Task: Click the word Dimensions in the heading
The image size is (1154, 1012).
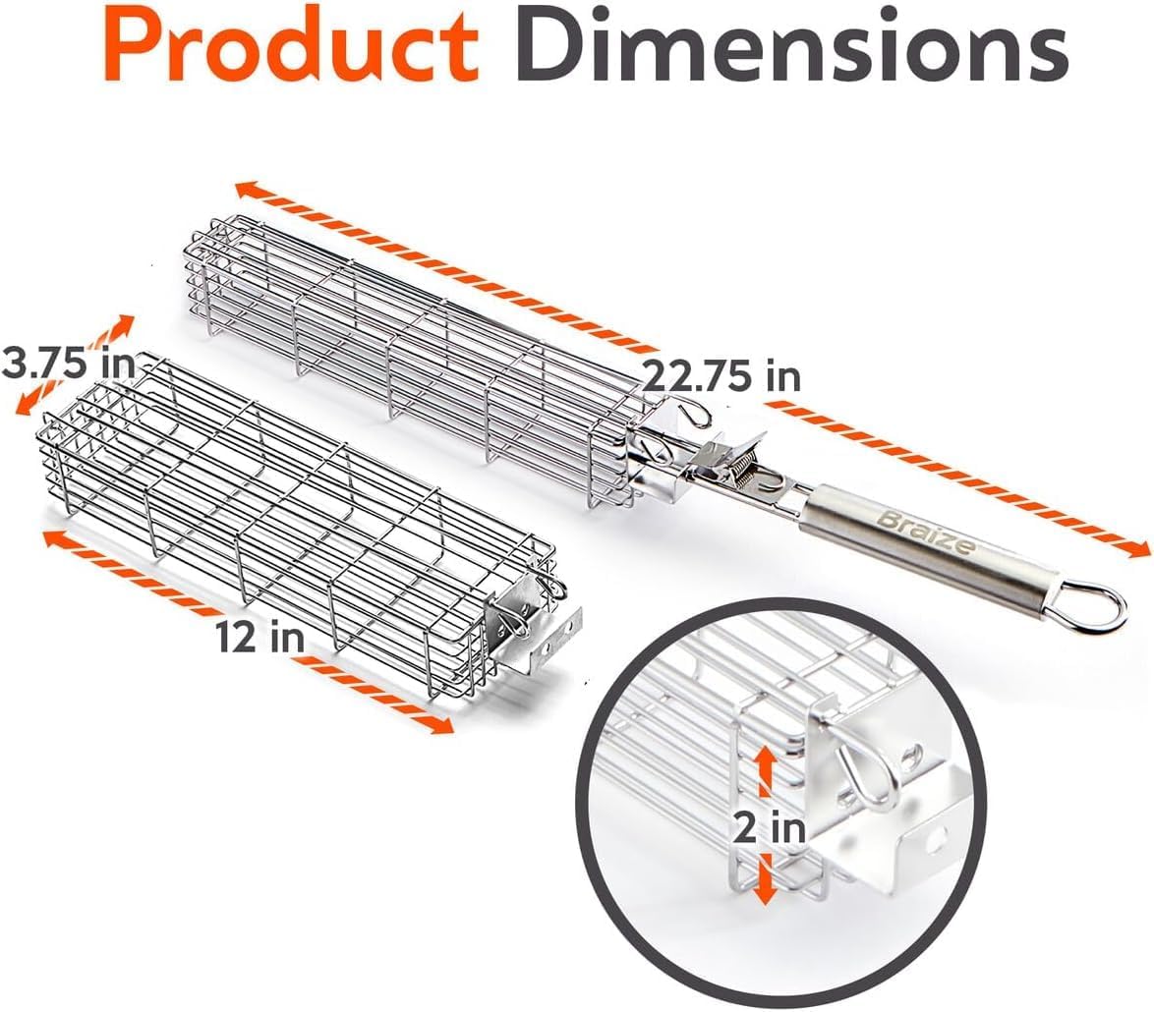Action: coord(790,45)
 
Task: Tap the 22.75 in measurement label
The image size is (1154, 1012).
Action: coord(721,376)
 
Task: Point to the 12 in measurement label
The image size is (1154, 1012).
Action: coord(260,636)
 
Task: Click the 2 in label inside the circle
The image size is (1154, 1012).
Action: coord(769,829)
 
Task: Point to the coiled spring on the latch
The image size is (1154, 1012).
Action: coord(748,470)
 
